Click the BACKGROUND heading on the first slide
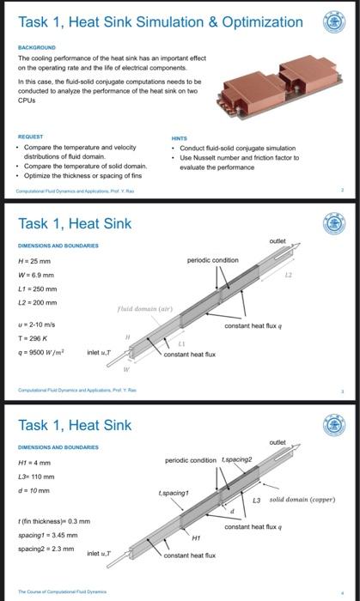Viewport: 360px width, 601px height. [x=36, y=48]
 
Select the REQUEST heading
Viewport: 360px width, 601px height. [x=32, y=137]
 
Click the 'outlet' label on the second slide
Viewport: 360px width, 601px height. [x=278, y=243]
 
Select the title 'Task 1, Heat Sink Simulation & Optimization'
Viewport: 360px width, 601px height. [x=161, y=21]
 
